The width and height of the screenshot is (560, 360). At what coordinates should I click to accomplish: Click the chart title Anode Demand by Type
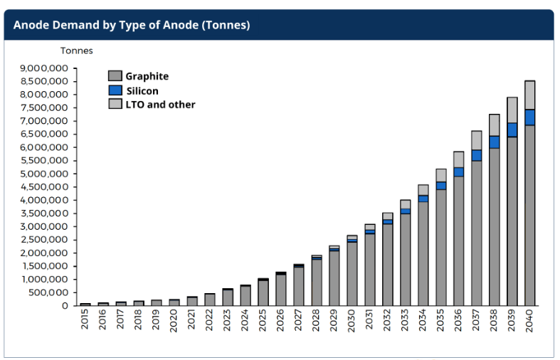coord(132,25)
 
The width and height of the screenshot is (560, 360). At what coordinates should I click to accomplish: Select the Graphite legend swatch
coord(115,76)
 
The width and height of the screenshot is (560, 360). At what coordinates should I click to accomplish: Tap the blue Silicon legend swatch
coord(115,90)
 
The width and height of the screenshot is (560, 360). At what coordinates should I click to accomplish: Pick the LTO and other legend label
coord(161,105)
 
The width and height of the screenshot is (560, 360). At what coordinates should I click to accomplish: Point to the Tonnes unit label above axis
coord(76,51)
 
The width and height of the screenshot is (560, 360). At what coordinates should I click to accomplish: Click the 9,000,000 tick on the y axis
coord(43,68)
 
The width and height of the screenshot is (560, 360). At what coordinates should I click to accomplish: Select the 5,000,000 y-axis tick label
coord(43,174)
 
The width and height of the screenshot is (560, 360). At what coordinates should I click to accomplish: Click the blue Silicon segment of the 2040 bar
coord(529,117)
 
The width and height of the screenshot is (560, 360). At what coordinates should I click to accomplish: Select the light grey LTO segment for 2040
coord(529,95)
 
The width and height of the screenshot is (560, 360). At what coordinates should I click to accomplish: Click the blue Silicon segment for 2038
coord(494,142)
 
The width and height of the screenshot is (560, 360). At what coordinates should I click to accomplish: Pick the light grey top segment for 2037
coord(476,140)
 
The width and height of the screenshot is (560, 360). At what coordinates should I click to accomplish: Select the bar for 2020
coord(174,302)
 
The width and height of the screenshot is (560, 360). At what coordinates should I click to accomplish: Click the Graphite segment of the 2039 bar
coord(512,221)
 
